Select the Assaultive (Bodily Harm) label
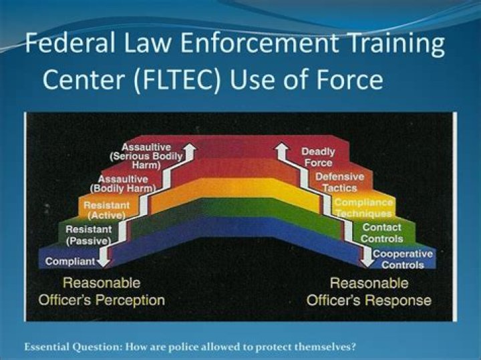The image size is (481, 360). (x=127, y=184)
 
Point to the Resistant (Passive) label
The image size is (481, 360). (x=89, y=234)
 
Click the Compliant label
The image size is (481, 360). (x=71, y=261)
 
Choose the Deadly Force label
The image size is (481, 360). (x=317, y=157)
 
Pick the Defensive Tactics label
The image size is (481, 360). (x=340, y=182)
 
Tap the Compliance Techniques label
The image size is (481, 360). (x=363, y=208)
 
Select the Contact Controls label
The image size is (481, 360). (x=382, y=233)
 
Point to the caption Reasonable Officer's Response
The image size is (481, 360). (x=369, y=291)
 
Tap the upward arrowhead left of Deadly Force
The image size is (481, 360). (x=283, y=152)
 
